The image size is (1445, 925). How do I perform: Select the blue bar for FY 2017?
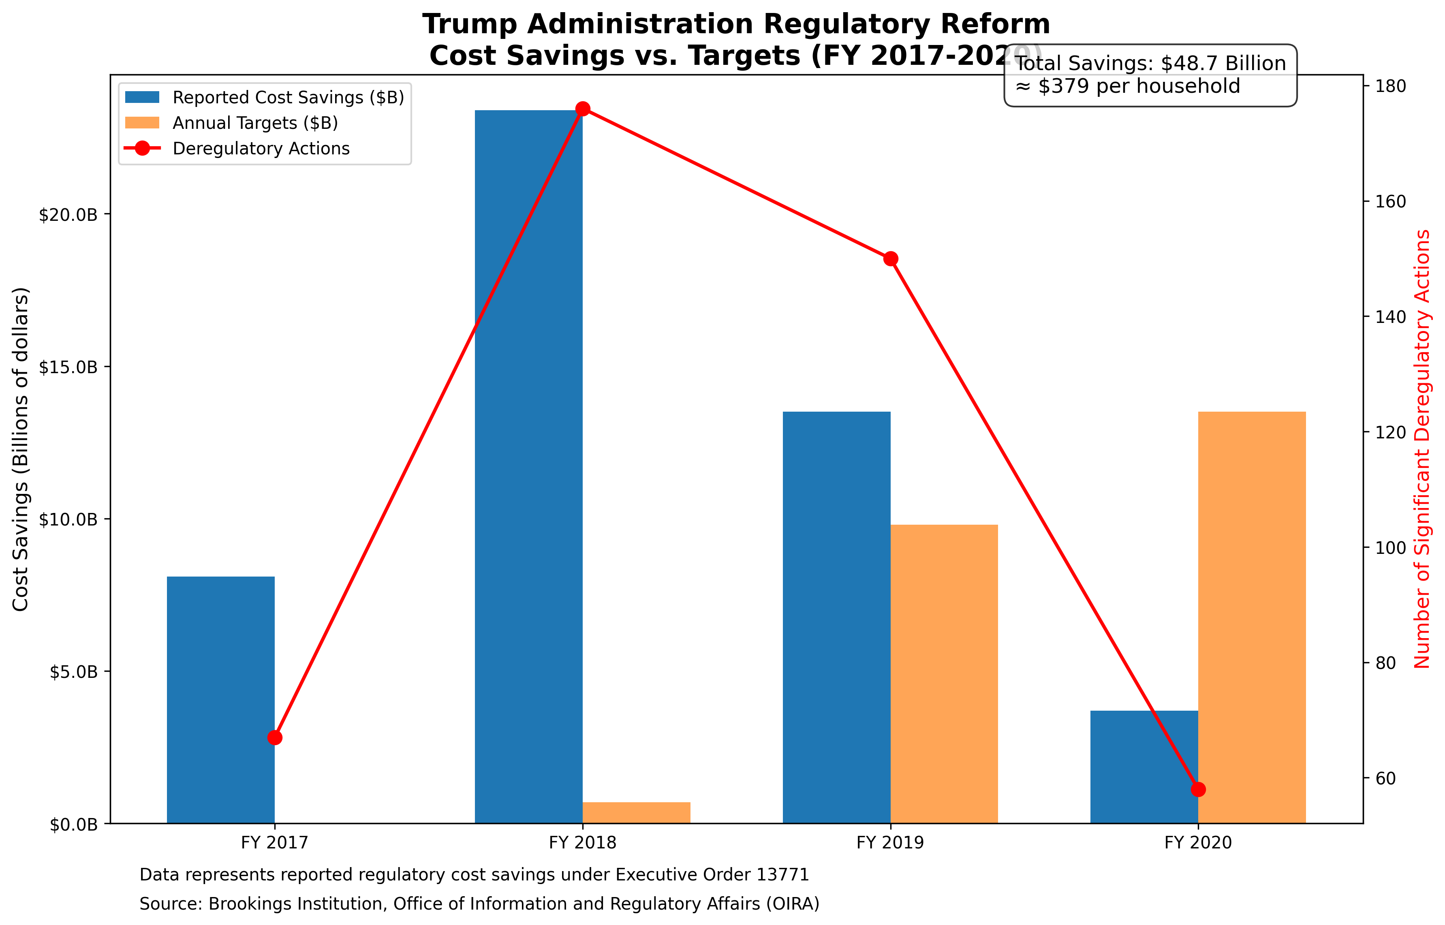tap(220, 700)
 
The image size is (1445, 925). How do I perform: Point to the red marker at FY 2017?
tap(274, 737)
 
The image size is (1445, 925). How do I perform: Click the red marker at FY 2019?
tap(891, 259)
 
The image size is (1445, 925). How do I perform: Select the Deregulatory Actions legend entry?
tap(261, 148)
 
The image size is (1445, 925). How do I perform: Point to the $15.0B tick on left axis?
tap(68, 367)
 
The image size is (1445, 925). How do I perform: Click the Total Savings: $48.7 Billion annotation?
tap(1150, 64)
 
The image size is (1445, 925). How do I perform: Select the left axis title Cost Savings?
tap(21, 449)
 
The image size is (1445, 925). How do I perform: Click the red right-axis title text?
tap(1422, 449)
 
